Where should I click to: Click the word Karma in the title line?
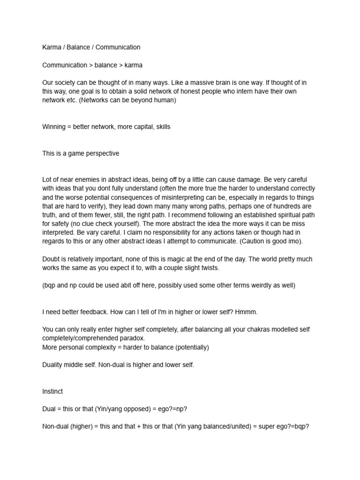(51, 47)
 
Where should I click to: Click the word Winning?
(54, 127)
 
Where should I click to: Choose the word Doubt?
(52, 259)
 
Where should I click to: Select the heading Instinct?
(52, 391)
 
